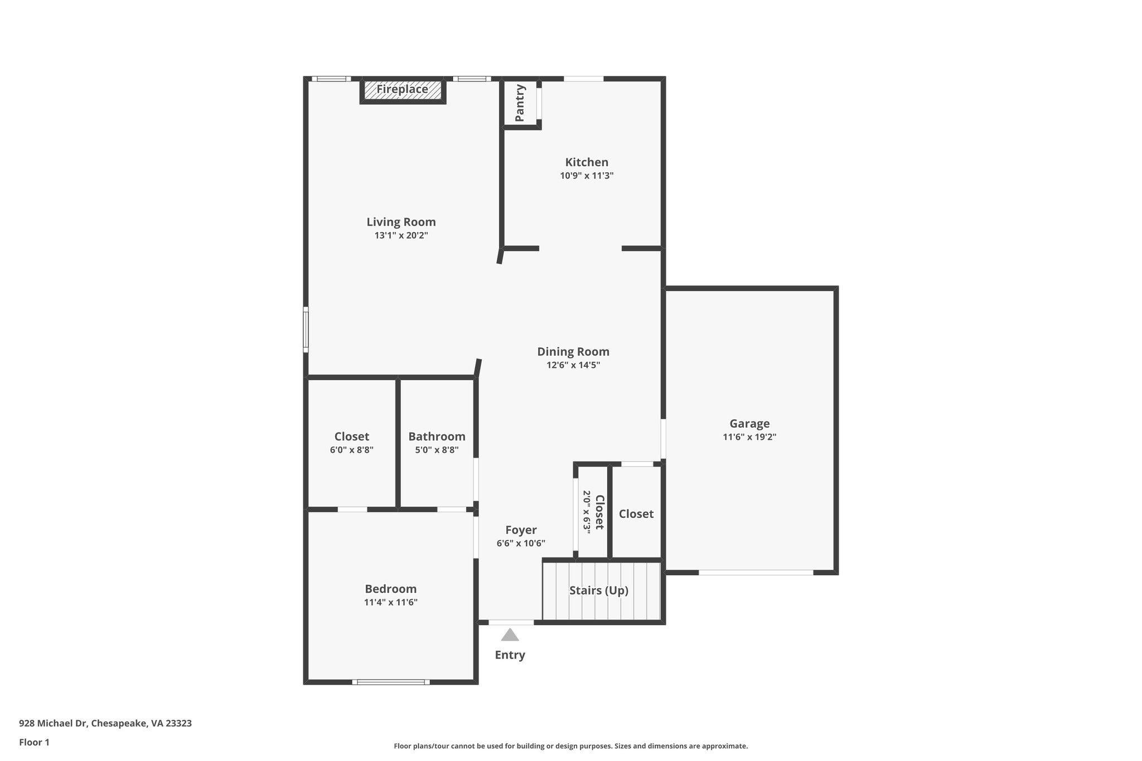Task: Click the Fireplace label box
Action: coord(402,90)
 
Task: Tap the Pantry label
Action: coord(520,103)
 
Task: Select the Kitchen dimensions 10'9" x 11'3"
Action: coord(587,176)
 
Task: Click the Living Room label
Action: coord(401,222)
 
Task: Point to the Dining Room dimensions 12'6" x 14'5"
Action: coord(573,365)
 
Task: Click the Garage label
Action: coord(749,424)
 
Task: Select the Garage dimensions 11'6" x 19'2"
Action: coord(749,437)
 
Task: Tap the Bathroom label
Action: coord(437,437)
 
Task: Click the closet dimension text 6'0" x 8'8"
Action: coord(351,450)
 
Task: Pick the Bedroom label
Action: coord(390,589)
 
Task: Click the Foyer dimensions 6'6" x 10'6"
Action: coord(521,543)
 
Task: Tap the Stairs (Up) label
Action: coord(598,590)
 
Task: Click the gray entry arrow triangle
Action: coord(510,635)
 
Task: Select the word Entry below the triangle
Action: coord(510,655)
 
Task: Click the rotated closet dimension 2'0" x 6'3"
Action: coord(587,512)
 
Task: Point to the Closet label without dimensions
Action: coord(636,514)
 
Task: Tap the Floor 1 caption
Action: coord(34,742)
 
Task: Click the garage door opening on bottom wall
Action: coord(756,573)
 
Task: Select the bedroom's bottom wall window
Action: coord(391,682)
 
